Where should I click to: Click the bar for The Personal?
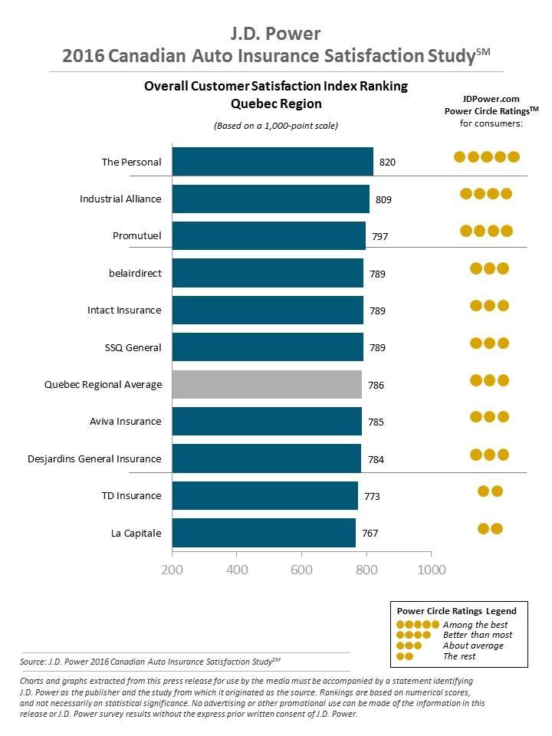pyautogui.click(x=272, y=162)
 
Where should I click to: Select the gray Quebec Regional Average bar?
pyautogui.click(x=267, y=384)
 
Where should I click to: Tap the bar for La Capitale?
pyautogui.click(x=264, y=533)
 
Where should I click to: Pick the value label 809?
pyautogui.click(x=384, y=200)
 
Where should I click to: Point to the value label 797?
pyautogui.click(x=380, y=237)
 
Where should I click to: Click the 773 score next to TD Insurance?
pyautogui.click(x=371, y=497)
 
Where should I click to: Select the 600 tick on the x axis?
pyautogui.click(x=302, y=570)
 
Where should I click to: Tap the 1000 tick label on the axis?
pyautogui.click(x=431, y=570)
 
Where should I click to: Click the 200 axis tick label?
pyautogui.click(x=172, y=570)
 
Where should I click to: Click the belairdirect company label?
pyautogui.click(x=135, y=273)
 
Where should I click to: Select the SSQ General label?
pyautogui.click(x=133, y=347)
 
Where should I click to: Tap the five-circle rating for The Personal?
pyautogui.click(x=487, y=157)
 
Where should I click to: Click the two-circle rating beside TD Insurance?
pyautogui.click(x=490, y=491)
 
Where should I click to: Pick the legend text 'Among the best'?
pyautogui.click(x=475, y=625)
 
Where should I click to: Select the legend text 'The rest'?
pyautogui.click(x=459, y=655)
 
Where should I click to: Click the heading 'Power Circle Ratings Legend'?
pyautogui.click(x=456, y=611)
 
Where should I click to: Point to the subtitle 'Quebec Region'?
pyautogui.click(x=276, y=103)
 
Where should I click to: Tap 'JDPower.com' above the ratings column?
pyautogui.click(x=491, y=99)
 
